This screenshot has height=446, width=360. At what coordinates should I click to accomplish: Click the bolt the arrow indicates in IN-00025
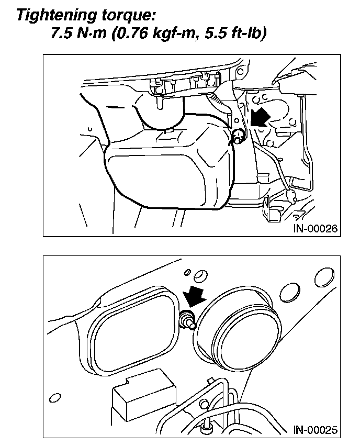pos(187,320)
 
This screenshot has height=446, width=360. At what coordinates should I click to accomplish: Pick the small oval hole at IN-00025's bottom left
pos(54,396)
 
